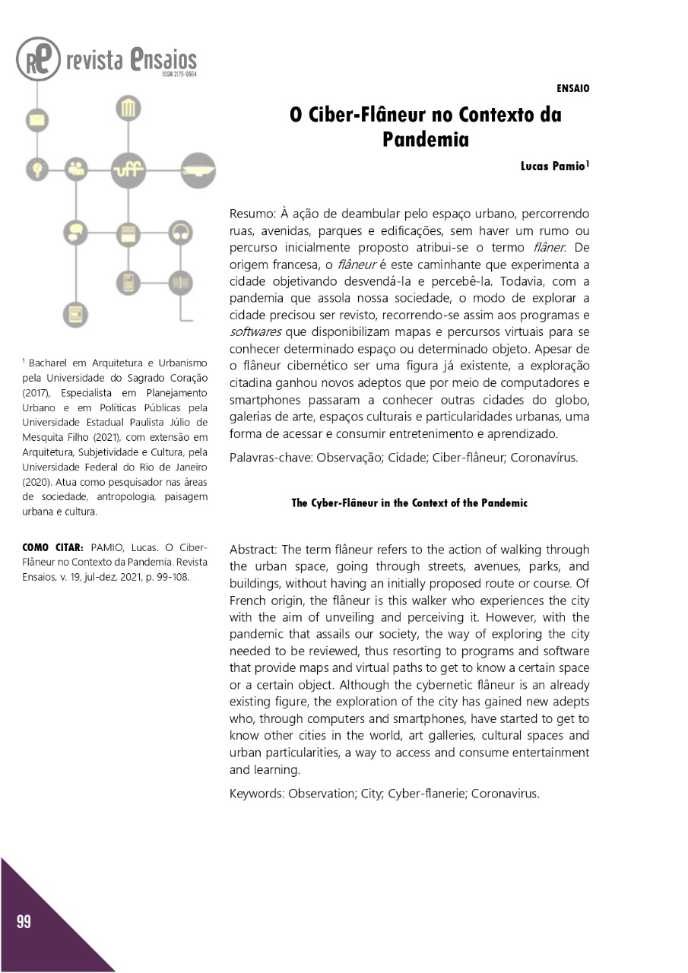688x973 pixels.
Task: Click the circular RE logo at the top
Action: [38, 60]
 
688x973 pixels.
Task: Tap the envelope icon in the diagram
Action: [36, 120]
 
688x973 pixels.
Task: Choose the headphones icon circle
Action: [181, 232]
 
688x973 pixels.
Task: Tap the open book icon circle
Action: [181, 282]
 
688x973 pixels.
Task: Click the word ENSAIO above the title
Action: [573, 88]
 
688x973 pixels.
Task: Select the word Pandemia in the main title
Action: [425, 140]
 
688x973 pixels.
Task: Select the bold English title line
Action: [409, 503]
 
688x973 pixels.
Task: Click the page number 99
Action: [24, 922]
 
